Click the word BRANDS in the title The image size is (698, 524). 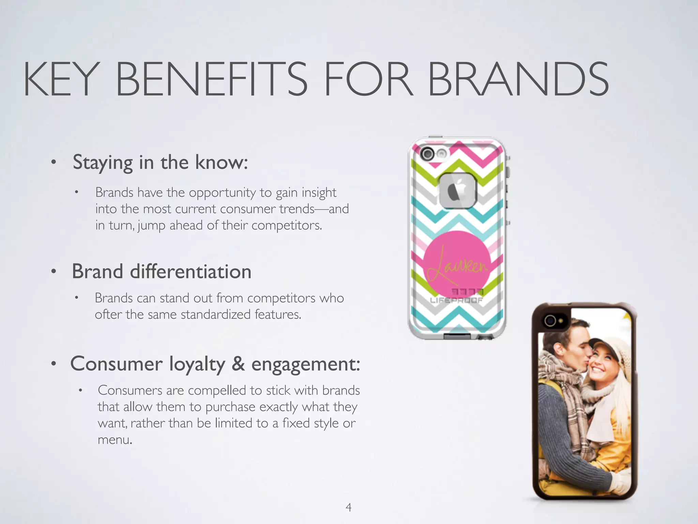[518, 79]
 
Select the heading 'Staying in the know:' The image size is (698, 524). [160, 162]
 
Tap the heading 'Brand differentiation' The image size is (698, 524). [162, 272]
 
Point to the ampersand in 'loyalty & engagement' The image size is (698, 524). [238, 364]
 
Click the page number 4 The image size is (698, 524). [348, 507]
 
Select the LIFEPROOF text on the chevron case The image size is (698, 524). [456, 301]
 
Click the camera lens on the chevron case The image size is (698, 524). [427, 154]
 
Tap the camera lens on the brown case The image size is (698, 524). [550, 320]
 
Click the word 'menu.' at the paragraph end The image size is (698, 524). [115, 440]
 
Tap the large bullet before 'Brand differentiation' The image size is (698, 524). [54, 272]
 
